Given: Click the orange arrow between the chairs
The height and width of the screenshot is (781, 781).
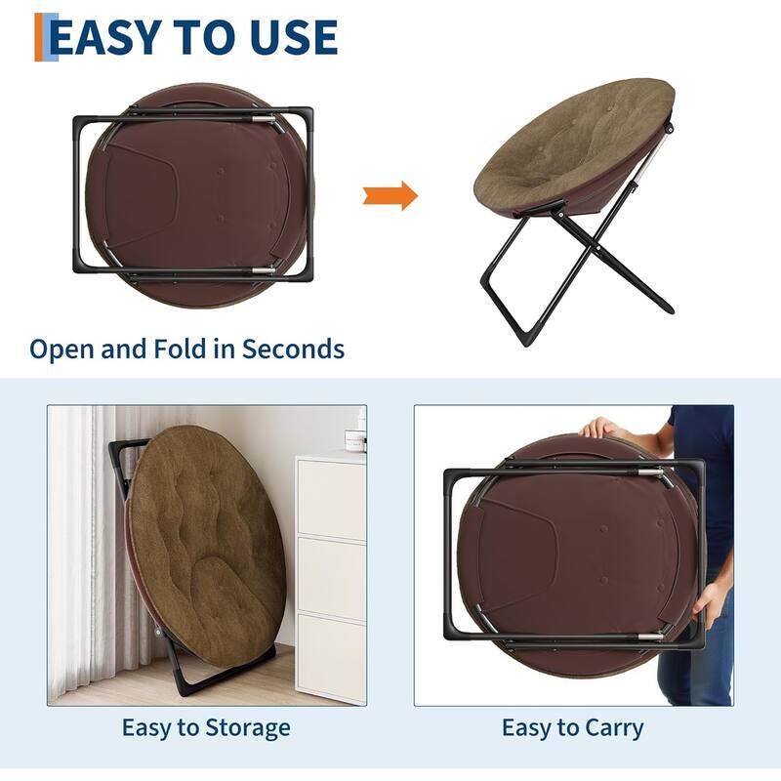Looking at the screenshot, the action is (390, 195).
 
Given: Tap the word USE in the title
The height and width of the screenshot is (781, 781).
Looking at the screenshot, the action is (294, 37).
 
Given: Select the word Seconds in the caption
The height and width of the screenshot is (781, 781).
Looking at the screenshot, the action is (293, 349).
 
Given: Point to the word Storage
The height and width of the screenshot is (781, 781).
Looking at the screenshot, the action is (248, 728).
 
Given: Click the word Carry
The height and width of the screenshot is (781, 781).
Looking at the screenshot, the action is (614, 728).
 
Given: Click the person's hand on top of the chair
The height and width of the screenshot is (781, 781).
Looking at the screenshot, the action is (599, 428).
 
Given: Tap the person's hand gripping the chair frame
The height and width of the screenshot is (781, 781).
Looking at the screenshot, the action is (709, 605).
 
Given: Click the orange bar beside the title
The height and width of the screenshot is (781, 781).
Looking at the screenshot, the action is (39, 37).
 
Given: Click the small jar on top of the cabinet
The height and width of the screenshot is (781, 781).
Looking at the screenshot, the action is (355, 441).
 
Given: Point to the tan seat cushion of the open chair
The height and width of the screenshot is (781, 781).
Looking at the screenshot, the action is (574, 145).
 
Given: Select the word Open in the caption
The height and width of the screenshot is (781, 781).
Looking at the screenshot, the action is (63, 349).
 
